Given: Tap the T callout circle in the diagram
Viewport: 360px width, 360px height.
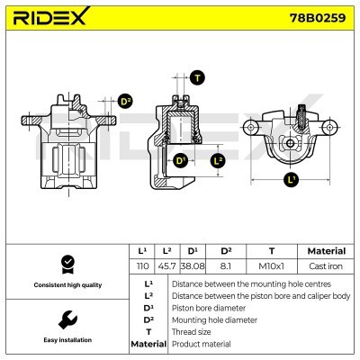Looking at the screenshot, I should [197, 77].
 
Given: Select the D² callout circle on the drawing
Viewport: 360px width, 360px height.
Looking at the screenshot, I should [125, 102].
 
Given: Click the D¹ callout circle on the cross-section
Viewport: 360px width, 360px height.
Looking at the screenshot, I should [181, 160].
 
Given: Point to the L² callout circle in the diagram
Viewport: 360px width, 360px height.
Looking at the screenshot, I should [217, 160].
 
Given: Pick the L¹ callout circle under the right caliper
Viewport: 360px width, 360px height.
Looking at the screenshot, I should [290, 180].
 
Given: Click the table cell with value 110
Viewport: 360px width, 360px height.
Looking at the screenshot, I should [141, 267].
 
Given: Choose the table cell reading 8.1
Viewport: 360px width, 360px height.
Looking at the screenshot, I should [227, 267].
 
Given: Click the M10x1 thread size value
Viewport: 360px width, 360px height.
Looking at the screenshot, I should [271, 267].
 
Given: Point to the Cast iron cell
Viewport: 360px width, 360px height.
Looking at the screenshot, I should [325, 267].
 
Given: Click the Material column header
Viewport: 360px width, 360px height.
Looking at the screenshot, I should [325, 251].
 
